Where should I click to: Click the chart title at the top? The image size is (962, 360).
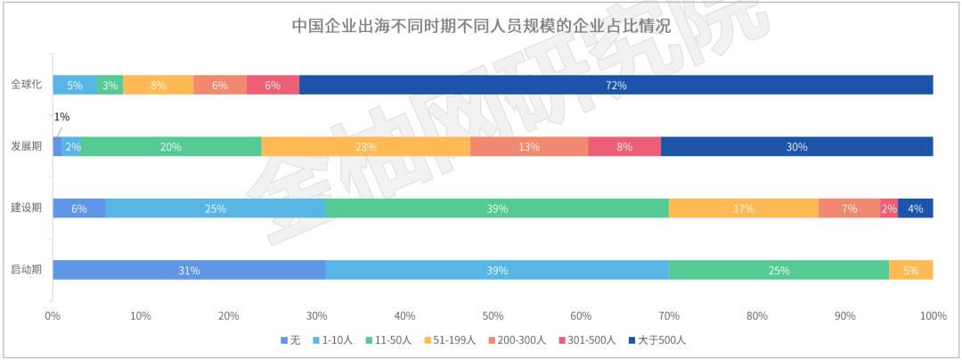[x=481, y=25]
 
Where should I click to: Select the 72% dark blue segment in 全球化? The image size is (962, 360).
[x=616, y=85]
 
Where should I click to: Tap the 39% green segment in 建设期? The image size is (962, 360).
[x=497, y=209]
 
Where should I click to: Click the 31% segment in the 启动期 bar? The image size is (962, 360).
[x=189, y=270]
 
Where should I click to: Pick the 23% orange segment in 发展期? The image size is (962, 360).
[x=365, y=147]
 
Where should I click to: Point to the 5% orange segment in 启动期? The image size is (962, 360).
[x=910, y=270]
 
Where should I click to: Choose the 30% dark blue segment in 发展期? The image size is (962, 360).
[x=796, y=147]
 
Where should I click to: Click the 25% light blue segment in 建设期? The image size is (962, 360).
[x=215, y=209]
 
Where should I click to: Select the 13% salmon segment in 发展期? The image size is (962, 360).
[x=529, y=147]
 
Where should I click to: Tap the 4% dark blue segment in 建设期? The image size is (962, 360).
[x=916, y=209]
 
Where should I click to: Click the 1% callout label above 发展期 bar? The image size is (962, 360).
[x=61, y=117]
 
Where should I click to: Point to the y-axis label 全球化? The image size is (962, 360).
[x=26, y=85]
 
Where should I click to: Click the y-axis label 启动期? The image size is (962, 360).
[x=26, y=270]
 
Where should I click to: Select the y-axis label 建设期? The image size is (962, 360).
[x=26, y=209]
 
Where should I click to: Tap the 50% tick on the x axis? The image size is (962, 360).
[x=493, y=315]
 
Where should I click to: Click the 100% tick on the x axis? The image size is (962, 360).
[x=933, y=315]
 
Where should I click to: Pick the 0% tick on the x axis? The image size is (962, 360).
[x=53, y=315]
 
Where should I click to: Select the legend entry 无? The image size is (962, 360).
[x=289, y=340]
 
